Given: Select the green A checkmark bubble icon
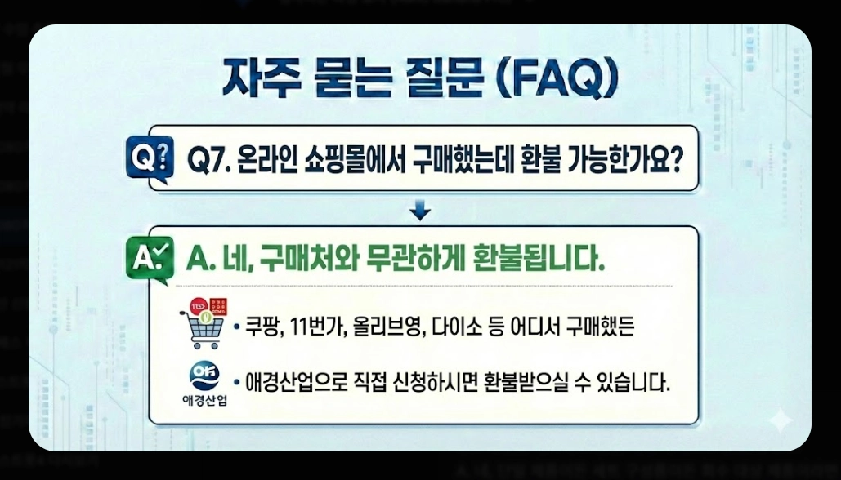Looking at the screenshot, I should click(x=151, y=259).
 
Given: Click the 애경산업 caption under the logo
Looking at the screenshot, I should click(x=203, y=402).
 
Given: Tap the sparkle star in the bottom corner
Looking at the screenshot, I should click(x=781, y=420).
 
